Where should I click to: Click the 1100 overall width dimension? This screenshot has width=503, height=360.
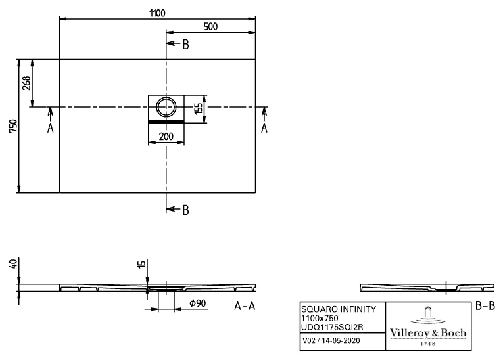[x=156, y=12]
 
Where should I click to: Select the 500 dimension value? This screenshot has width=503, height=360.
[x=210, y=26]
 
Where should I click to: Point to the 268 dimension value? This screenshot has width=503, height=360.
[x=26, y=83]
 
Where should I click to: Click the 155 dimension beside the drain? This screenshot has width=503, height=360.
[x=198, y=108]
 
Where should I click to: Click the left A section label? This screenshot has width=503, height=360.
[x=50, y=128]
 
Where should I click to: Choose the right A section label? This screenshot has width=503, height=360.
[x=264, y=128]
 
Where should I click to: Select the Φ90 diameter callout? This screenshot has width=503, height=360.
[x=198, y=304]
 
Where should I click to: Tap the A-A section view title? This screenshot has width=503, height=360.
[x=244, y=306]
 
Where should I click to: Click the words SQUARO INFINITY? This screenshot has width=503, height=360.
[x=338, y=309]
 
